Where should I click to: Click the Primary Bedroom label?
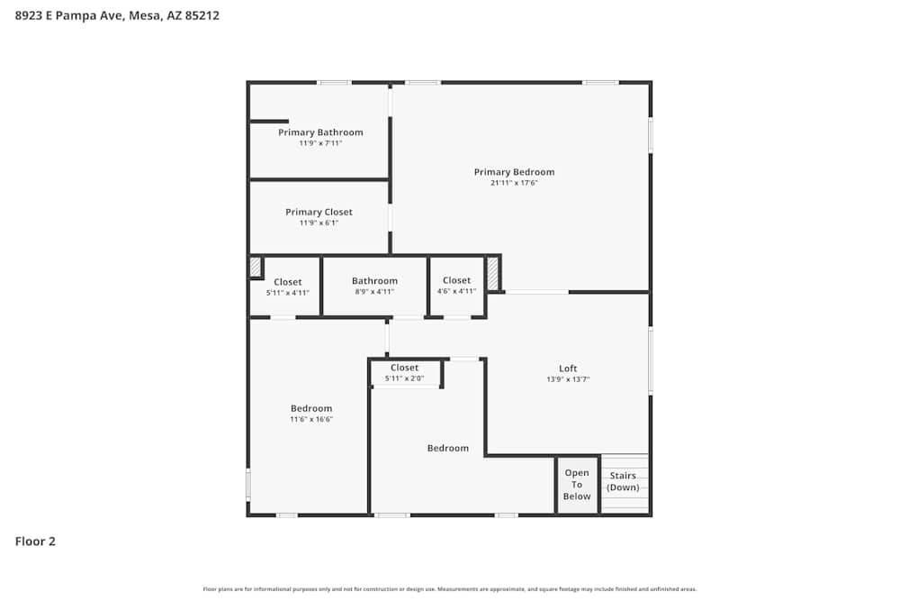(x=514, y=172)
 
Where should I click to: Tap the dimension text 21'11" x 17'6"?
(x=514, y=183)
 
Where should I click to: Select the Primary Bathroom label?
(x=320, y=132)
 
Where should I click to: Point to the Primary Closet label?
(x=319, y=212)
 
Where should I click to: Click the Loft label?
(x=568, y=368)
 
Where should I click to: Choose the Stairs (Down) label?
(x=623, y=481)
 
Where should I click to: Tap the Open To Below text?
(x=577, y=485)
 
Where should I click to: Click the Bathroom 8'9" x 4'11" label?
(x=374, y=281)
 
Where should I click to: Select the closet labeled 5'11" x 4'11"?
(x=288, y=282)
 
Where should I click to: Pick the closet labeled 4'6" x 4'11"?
(x=456, y=280)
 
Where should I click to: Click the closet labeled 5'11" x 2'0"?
(x=404, y=368)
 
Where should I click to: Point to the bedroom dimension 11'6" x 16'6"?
(x=311, y=419)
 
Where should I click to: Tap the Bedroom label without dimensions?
(x=447, y=448)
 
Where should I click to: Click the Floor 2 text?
(x=35, y=542)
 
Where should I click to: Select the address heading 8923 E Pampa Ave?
(x=117, y=15)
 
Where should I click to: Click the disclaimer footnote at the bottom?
(x=450, y=589)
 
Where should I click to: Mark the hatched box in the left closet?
(x=256, y=268)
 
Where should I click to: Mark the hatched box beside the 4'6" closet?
(x=492, y=273)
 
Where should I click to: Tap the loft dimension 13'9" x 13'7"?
(x=568, y=379)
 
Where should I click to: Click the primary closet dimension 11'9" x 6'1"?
(x=319, y=223)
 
